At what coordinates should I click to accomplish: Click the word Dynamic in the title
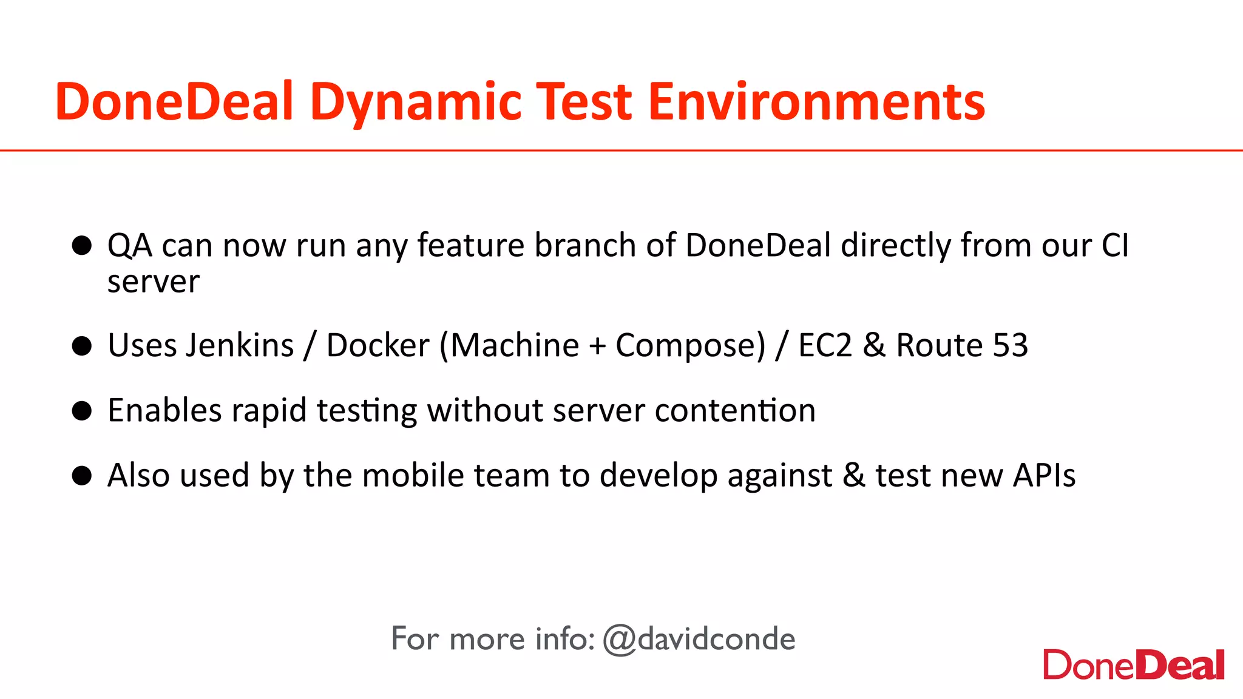416,102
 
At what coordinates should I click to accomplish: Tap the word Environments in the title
816,102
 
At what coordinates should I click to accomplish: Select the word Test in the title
584,102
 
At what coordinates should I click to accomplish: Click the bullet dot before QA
81,246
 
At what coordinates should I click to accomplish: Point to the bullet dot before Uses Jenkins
81,346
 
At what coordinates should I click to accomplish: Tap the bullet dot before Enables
81,411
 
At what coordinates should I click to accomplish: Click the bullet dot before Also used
81,476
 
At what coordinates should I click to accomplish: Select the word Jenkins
240,345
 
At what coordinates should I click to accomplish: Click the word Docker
378,345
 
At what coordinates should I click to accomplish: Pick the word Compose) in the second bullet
691,346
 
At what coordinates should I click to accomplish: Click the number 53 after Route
1010,345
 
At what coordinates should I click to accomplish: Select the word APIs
1044,475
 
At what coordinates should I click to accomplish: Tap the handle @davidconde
699,639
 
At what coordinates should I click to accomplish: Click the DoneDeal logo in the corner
1133,665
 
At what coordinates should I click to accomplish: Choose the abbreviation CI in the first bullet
1115,246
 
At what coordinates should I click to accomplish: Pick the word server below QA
153,282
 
